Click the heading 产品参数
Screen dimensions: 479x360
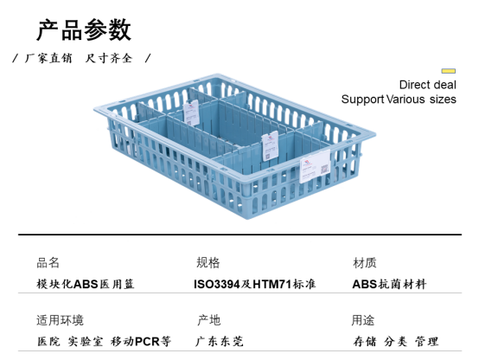click(x=84, y=30)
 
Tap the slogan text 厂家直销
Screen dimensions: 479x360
click(x=48, y=58)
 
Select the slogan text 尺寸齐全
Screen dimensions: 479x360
click(x=109, y=58)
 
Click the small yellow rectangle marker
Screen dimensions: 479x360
click(x=448, y=71)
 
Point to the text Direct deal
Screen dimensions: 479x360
click(x=427, y=85)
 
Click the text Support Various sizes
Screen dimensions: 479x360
click(x=399, y=100)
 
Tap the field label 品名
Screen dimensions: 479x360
click(x=48, y=263)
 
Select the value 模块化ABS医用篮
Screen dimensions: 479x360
click(x=86, y=284)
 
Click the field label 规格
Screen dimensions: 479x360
click(x=208, y=263)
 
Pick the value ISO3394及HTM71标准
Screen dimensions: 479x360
click(x=255, y=284)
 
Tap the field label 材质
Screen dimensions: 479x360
click(x=365, y=263)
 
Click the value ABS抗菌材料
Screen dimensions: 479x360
click(x=389, y=284)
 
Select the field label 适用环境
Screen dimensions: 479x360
click(x=60, y=320)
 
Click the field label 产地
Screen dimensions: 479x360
click(x=209, y=320)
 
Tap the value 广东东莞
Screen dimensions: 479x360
click(x=220, y=341)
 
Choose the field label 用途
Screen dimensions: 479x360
click(x=363, y=320)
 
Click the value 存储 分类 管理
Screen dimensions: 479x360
click(x=396, y=341)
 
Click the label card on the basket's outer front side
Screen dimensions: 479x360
click(x=315, y=167)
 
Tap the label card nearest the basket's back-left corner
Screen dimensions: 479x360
click(x=191, y=112)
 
